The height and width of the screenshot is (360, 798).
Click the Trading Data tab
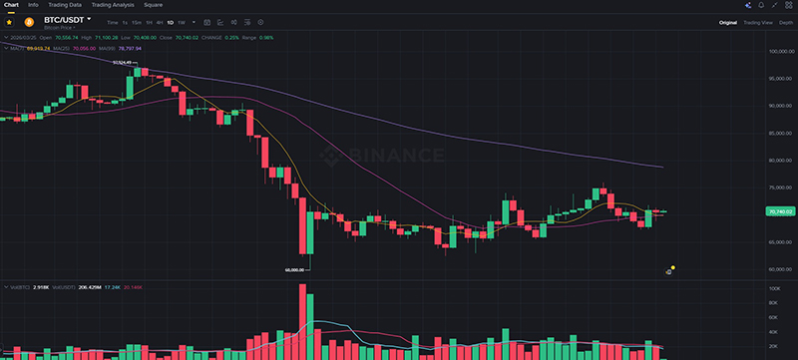pyautogui.click(x=65, y=5)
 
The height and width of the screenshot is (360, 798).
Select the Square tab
pyautogui.click(x=153, y=5)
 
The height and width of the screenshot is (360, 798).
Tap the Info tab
pyautogui.click(x=33, y=5)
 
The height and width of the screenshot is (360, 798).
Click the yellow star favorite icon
pyautogui.click(x=10, y=21)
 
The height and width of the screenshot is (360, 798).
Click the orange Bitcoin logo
pyautogui.click(x=30, y=21)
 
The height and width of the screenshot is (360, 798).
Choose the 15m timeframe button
pyautogui.click(x=137, y=21)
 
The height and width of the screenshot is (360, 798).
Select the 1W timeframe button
pyautogui.click(x=181, y=21)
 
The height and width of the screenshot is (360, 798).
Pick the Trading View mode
pyautogui.click(x=759, y=21)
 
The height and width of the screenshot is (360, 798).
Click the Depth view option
pyautogui.click(x=786, y=21)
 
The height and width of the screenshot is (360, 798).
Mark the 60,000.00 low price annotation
pyautogui.click(x=295, y=269)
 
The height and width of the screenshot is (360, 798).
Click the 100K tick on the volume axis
pyautogui.click(x=773, y=288)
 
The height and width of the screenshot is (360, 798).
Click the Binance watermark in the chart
pyautogui.click(x=384, y=155)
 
